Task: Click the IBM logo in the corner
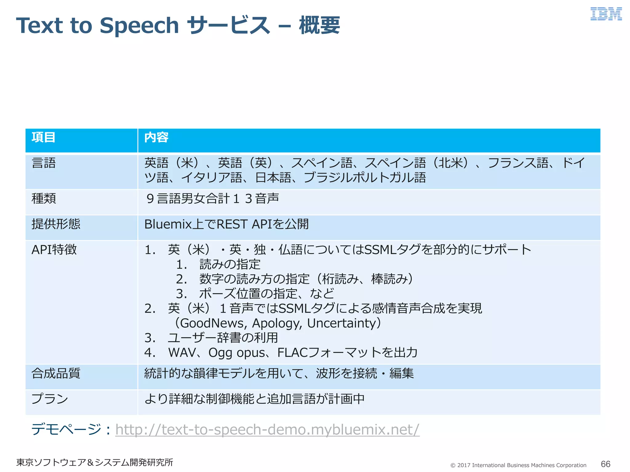point(606,14)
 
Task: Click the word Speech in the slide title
point(139,26)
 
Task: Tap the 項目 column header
point(43,137)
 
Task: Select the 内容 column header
point(156,137)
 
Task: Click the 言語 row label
point(44,163)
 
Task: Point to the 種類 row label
point(44,199)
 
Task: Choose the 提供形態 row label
point(56,224)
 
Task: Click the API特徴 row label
point(54,250)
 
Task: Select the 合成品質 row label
point(56,373)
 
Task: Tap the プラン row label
point(50,399)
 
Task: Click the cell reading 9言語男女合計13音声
point(213,199)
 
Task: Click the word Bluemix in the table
point(168,224)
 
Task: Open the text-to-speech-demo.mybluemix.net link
point(267,430)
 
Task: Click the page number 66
point(605,464)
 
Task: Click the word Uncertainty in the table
point(341,323)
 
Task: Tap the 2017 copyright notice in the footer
point(518,465)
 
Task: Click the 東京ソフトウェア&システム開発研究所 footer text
point(94,462)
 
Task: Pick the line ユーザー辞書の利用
point(223,338)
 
